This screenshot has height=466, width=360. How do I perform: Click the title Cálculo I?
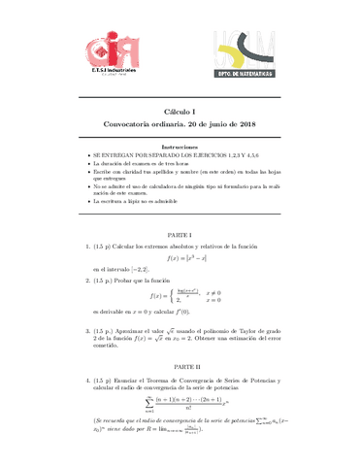(180, 112)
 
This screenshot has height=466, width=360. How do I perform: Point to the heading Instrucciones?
(180, 147)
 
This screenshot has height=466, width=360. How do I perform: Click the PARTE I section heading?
(180, 262)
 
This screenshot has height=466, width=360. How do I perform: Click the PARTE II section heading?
(180, 367)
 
